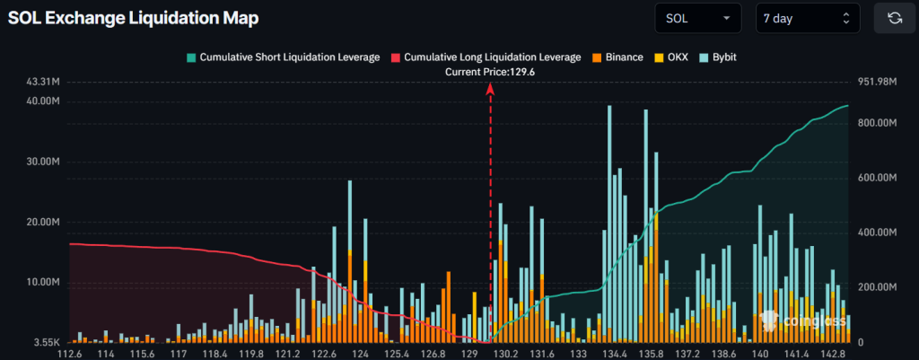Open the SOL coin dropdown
pyautogui.click(x=698, y=17)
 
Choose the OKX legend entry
pyautogui.click(x=672, y=57)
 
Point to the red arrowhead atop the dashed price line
pyautogui.click(x=490, y=87)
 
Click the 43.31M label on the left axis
pyautogui.click(x=43, y=83)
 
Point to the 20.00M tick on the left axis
pyautogui.click(x=43, y=222)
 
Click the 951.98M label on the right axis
pyautogui.click(x=878, y=83)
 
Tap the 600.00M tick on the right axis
pyautogui.click(x=878, y=178)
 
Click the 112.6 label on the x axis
pyautogui.click(x=69, y=354)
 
